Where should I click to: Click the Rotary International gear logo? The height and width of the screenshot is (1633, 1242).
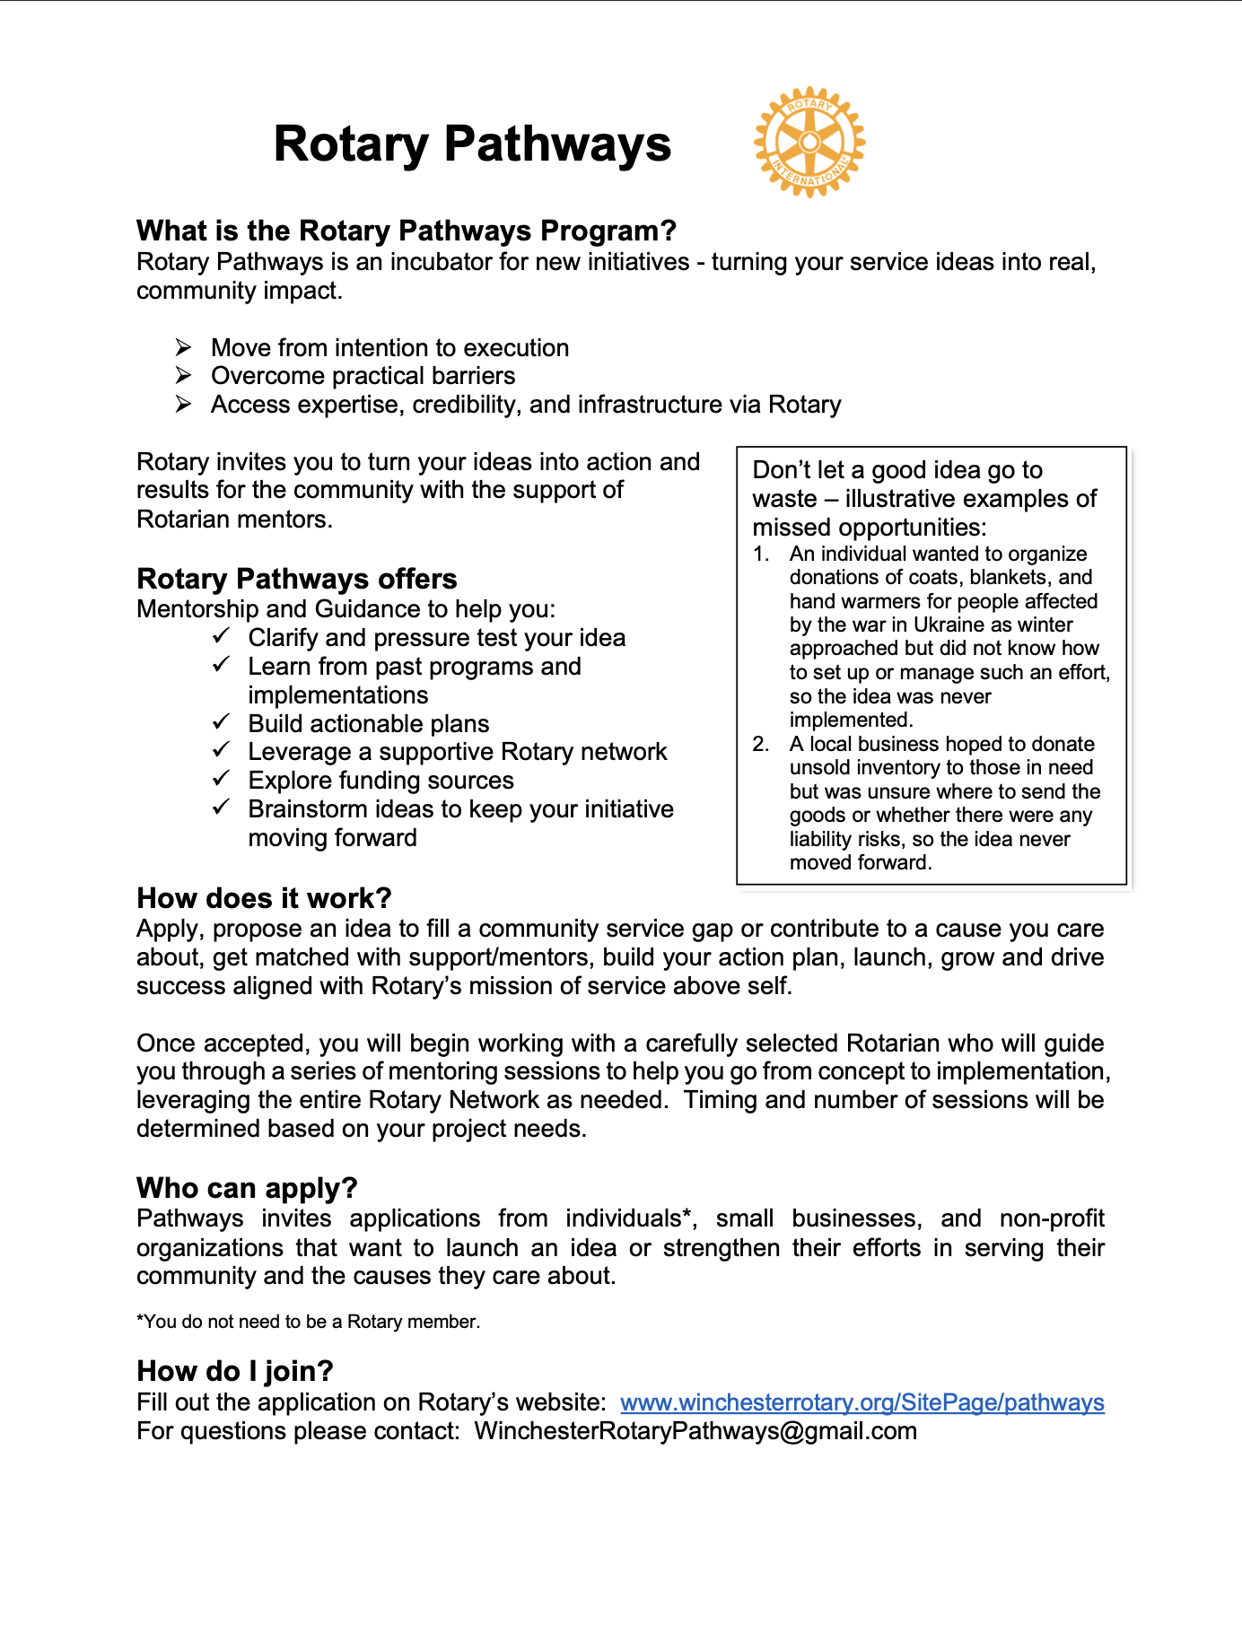(809, 142)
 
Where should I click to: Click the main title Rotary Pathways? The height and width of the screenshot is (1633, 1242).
(472, 144)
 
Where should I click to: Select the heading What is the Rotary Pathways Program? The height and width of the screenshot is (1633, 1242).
(406, 231)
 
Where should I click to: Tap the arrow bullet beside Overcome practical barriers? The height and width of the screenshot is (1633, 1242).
(184, 375)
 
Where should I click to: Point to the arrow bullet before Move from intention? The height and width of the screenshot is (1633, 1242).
(184, 347)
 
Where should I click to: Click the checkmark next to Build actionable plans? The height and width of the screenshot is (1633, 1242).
(222, 722)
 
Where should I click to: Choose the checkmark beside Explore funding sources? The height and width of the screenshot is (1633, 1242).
(222, 779)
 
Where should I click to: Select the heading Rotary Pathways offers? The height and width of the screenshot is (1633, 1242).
(296, 579)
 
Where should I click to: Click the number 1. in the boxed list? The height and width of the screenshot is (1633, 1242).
(761, 555)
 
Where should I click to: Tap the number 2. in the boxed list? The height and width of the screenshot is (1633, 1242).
(761, 744)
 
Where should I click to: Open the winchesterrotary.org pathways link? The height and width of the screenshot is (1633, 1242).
(862, 1402)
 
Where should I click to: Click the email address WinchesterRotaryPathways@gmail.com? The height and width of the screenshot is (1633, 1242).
(695, 1431)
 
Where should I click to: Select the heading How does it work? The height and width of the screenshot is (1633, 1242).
(264, 898)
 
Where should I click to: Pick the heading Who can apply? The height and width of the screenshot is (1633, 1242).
(247, 1188)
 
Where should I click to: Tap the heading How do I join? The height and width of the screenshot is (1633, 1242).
(235, 1371)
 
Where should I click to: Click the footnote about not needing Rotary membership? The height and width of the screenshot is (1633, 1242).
(308, 1322)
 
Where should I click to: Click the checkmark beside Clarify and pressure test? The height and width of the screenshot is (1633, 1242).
(222, 636)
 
